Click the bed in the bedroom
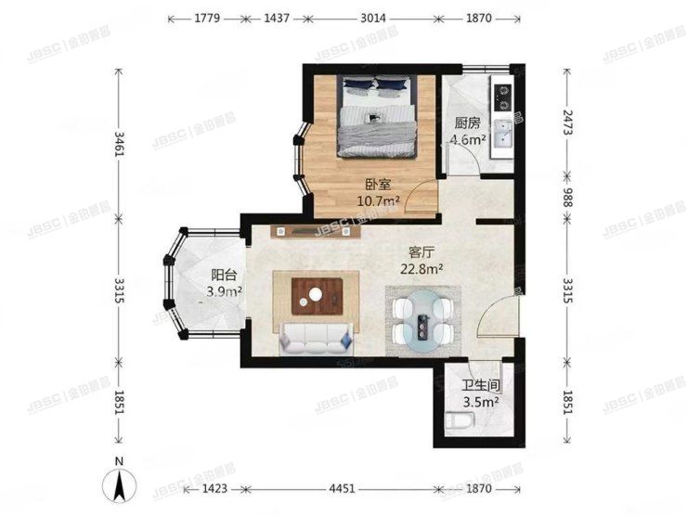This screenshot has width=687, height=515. click(376, 119)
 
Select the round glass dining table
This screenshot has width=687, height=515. click(423, 320)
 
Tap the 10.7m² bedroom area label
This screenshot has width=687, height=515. click(379, 200)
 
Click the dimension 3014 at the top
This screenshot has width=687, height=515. click(374, 18)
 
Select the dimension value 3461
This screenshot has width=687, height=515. click(119, 144)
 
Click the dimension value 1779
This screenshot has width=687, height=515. click(202, 18)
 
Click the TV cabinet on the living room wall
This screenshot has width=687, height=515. click(316, 231)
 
